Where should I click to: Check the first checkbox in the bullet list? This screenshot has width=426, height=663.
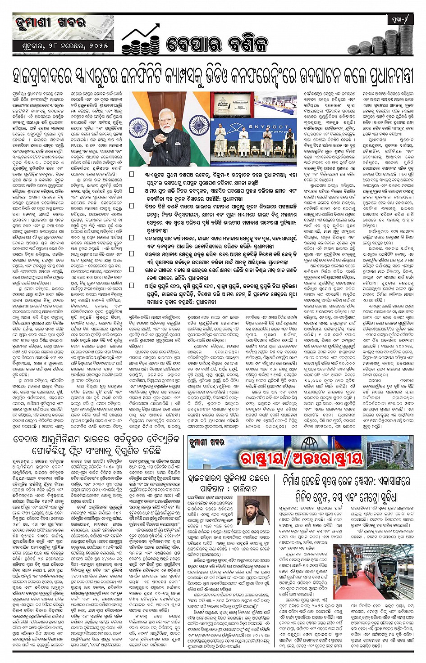coord(132,174)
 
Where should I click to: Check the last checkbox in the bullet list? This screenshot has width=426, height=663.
coord(132,285)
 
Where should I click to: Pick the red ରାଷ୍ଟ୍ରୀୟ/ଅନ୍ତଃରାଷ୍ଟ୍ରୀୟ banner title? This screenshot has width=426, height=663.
coord(301,458)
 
